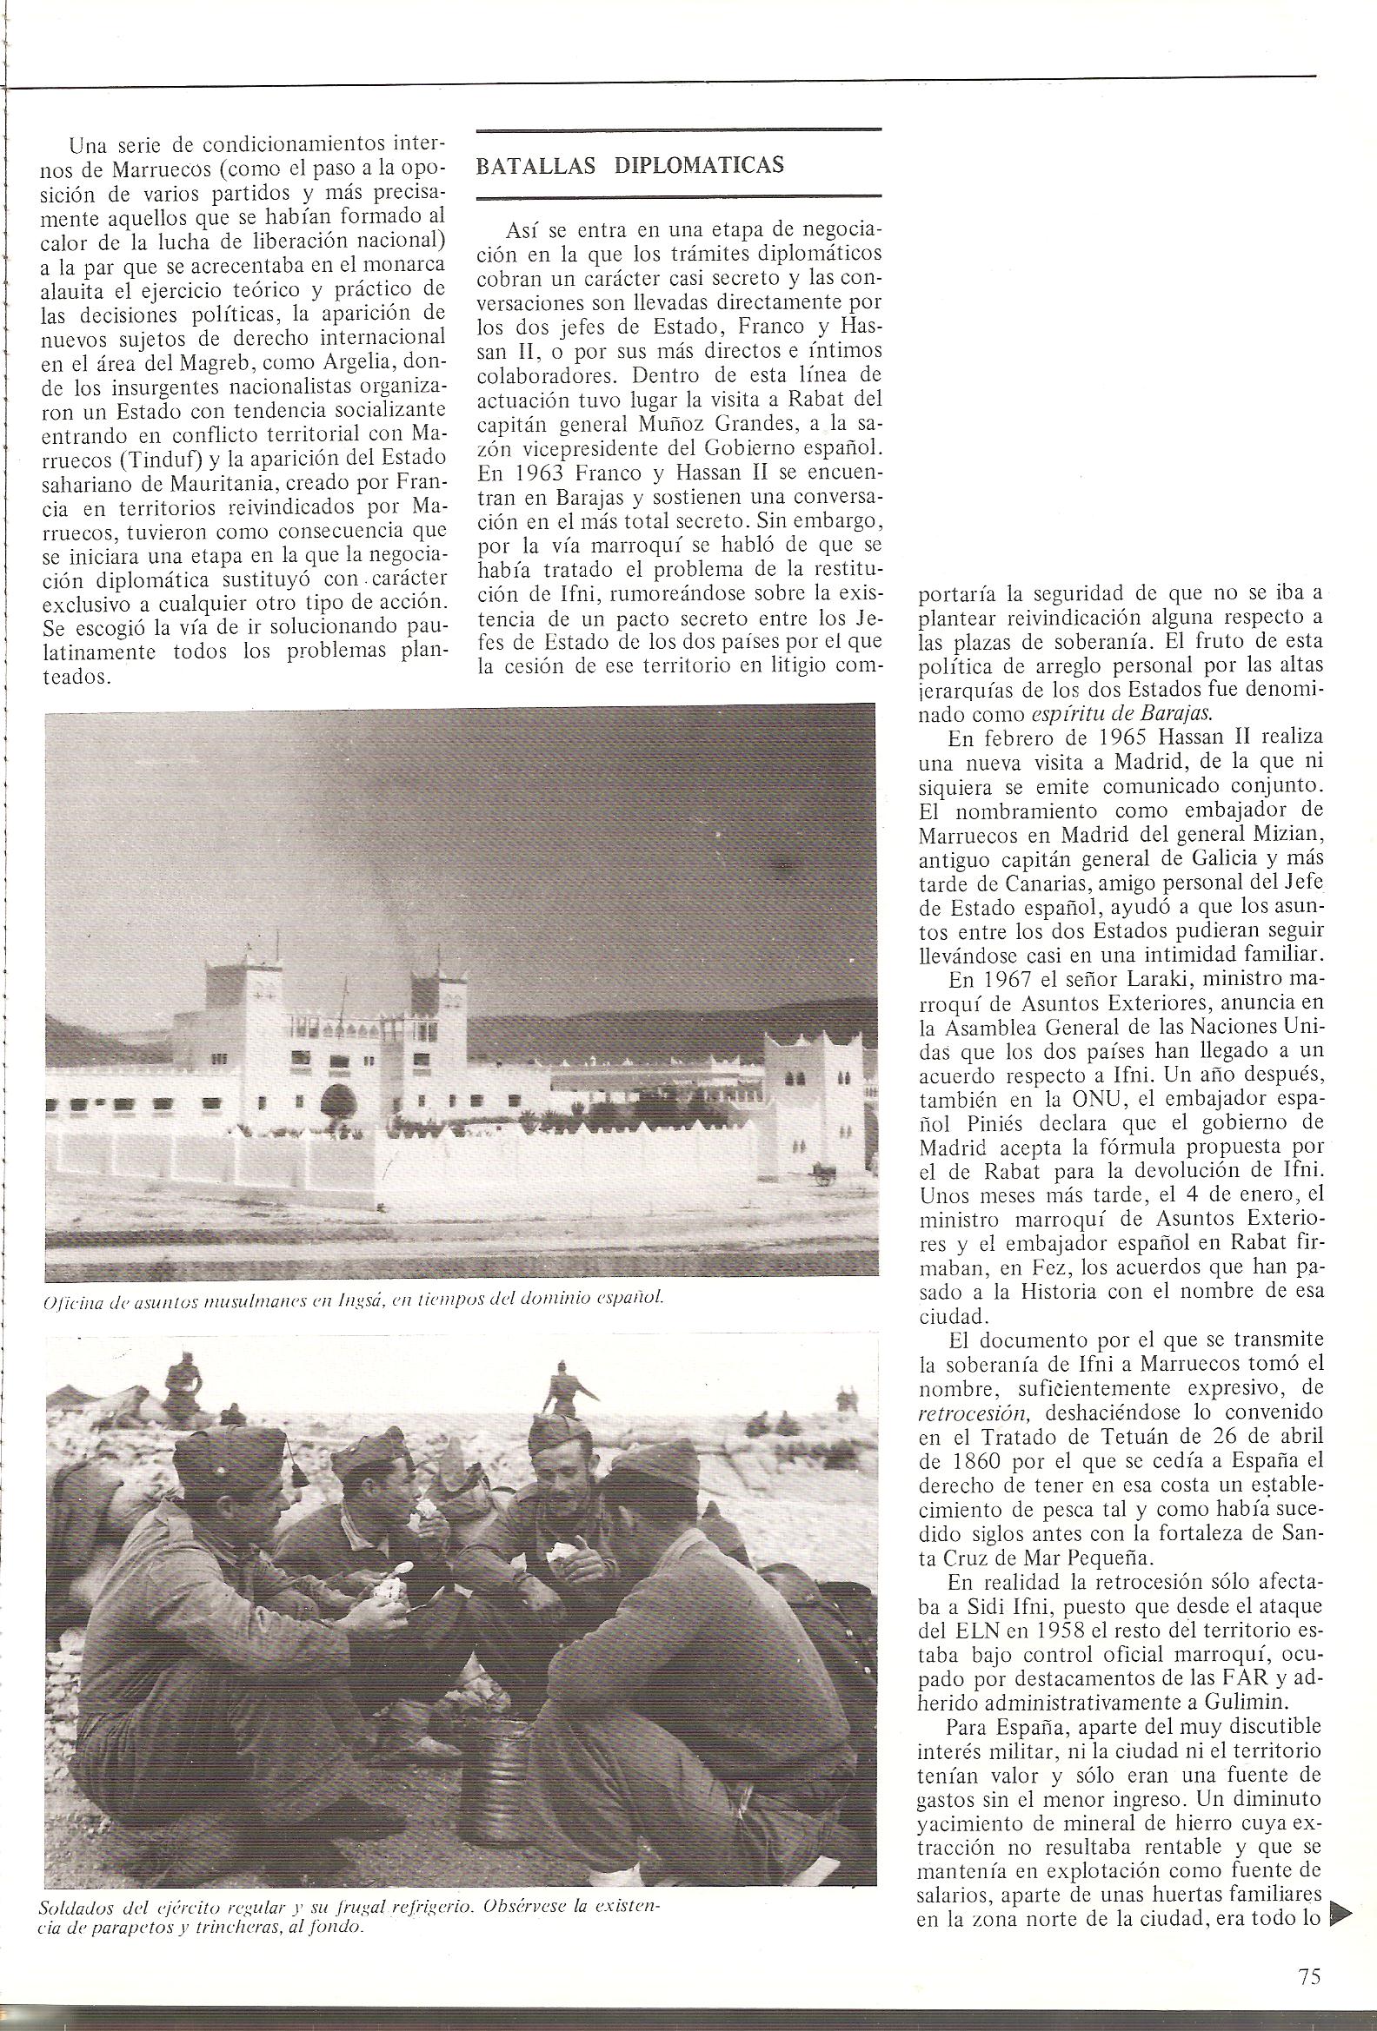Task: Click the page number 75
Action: click(1308, 1972)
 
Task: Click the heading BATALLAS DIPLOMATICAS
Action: click(629, 166)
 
